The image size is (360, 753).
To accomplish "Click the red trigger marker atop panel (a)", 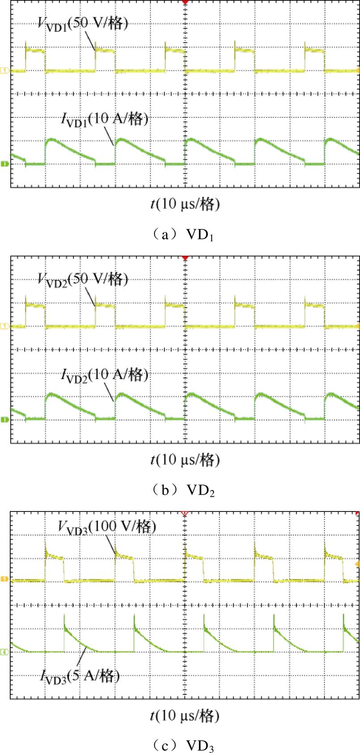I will [185, 2].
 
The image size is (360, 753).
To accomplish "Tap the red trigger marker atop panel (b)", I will [185, 258].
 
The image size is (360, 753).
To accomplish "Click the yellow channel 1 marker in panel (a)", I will [5, 71].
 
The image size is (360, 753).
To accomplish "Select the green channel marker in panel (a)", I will [5, 164].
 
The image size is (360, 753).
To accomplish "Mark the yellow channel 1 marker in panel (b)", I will [5, 327].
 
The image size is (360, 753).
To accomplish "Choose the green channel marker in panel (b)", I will [5, 419].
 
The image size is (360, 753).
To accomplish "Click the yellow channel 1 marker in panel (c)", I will [5, 580].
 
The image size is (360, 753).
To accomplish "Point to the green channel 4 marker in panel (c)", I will [5, 652].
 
